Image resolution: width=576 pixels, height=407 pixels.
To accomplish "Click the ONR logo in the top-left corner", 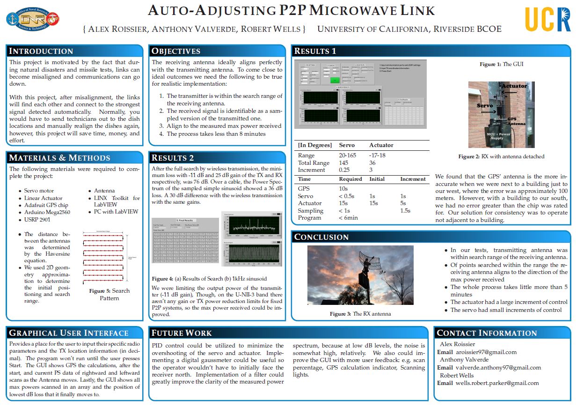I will pos(32,19).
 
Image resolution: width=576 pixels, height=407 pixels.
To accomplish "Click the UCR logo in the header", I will pos(547,19).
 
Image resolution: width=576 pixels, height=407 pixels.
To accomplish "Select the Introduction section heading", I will pos(41,51).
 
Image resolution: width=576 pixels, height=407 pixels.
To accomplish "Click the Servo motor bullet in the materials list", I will pos(39,191).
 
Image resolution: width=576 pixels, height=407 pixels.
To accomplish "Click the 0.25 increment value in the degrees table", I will pos(345,170).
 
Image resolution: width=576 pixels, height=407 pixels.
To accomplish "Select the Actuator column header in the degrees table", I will pos(381,145).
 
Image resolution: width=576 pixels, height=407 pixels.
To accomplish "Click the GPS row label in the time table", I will pos(304,188).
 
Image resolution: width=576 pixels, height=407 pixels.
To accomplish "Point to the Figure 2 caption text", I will pos(501,156).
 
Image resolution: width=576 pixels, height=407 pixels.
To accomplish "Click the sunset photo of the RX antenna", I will pos(360,275).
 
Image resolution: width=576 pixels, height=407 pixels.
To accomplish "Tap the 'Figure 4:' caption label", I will pos(162,279).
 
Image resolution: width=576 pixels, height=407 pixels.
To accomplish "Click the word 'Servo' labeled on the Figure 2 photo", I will pos(484,106).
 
